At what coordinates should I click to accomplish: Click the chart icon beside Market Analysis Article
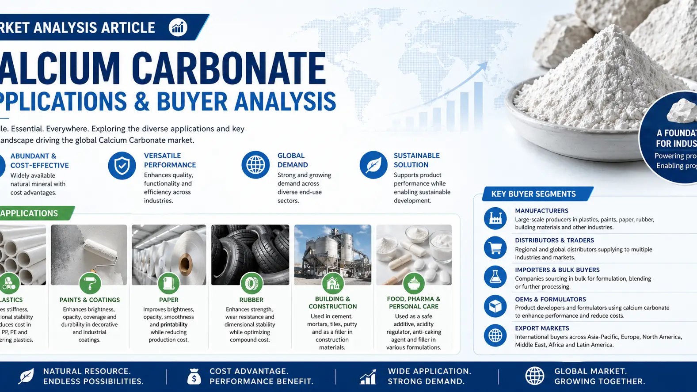(178, 27)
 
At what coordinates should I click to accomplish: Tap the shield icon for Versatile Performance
(122, 166)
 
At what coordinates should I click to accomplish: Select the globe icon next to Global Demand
(255, 165)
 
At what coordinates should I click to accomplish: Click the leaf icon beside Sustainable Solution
(373, 165)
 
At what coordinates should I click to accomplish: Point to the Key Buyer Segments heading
(533, 194)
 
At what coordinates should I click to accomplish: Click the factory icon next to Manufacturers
(495, 218)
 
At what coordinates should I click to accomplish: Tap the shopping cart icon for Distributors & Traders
(495, 248)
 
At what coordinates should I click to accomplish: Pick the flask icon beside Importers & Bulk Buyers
(495, 277)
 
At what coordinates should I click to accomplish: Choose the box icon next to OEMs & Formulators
(495, 306)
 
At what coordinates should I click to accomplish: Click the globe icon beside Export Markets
(495, 335)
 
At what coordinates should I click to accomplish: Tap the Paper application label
(169, 300)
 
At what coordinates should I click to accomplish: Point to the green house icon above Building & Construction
(333, 283)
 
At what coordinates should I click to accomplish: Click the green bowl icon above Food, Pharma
(414, 283)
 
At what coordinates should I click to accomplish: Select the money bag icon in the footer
(194, 377)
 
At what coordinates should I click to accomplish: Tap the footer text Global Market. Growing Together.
(599, 376)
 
